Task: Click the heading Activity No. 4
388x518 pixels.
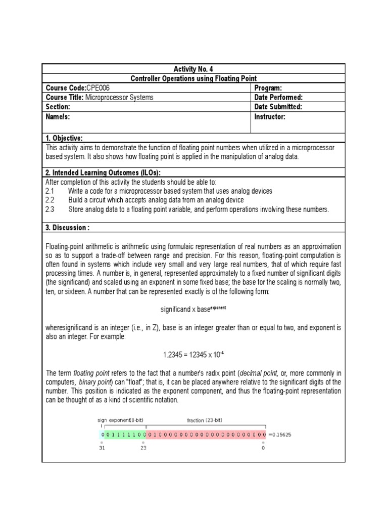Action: coord(193,69)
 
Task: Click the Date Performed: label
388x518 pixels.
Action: coord(279,97)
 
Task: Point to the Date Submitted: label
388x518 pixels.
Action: coord(278,107)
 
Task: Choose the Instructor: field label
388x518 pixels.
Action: coord(270,117)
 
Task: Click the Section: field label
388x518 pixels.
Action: coord(58,107)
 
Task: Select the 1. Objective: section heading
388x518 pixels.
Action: coord(64,138)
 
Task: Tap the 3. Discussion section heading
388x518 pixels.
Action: coord(68,228)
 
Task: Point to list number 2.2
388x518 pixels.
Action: coord(50,200)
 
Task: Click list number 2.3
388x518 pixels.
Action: coord(50,209)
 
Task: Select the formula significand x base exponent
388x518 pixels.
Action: coord(193,308)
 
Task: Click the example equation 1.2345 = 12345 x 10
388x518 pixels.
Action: coord(193,355)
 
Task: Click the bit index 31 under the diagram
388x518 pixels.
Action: coord(102,448)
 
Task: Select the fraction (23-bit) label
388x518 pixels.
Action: coord(205,420)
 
